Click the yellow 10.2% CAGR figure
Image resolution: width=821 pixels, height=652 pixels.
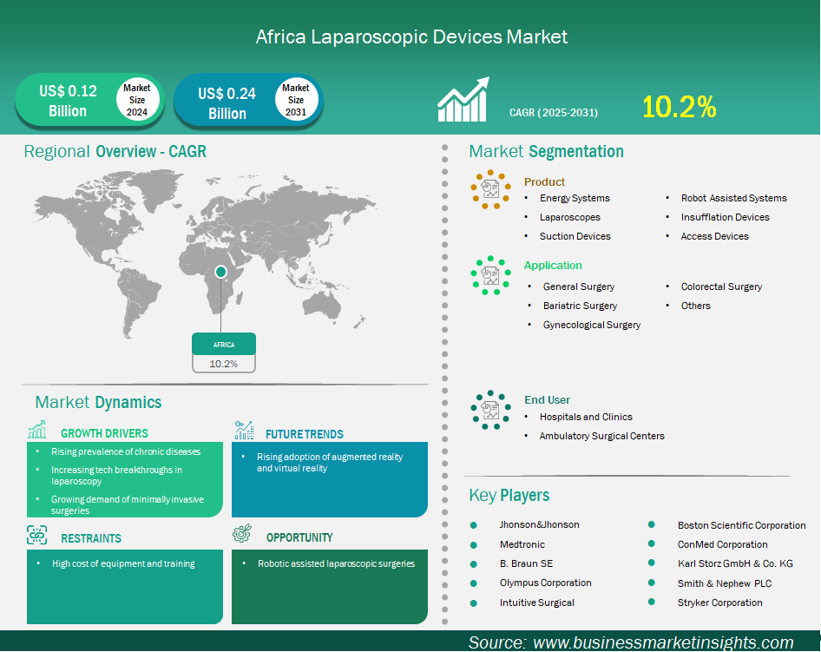click(679, 106)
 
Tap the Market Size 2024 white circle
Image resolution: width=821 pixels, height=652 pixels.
click(137, 100)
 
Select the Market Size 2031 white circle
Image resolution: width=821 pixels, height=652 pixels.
click(296, 100)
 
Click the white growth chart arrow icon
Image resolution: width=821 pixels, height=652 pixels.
click(463, 100)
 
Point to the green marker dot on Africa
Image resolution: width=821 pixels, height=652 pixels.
click(221, 271)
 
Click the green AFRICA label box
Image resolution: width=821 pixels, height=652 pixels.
click(224, 344)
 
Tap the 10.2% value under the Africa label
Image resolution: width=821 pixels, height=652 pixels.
click(224, 364)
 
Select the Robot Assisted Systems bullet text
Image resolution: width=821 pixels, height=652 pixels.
click(733, 198)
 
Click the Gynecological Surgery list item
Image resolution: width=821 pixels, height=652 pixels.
click(592, 325)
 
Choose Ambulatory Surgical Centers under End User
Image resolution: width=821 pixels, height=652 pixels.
click(601, 436)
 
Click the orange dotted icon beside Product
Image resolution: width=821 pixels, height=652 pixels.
click(490, 189)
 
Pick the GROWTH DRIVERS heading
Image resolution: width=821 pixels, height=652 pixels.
click(104, 433)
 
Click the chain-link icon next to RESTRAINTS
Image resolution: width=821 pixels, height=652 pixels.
click(36, 535)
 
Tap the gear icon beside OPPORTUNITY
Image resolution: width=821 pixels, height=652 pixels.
click(242, 533)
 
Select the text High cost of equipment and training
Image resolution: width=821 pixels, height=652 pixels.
click(123, 563)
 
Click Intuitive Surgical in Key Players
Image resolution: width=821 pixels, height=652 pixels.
click(536, 603)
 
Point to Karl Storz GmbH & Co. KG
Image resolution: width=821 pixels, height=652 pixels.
click(735, 563)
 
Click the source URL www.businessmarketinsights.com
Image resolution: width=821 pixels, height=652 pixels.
click(663, 642)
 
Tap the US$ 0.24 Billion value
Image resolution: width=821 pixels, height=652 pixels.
click(227, 103)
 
